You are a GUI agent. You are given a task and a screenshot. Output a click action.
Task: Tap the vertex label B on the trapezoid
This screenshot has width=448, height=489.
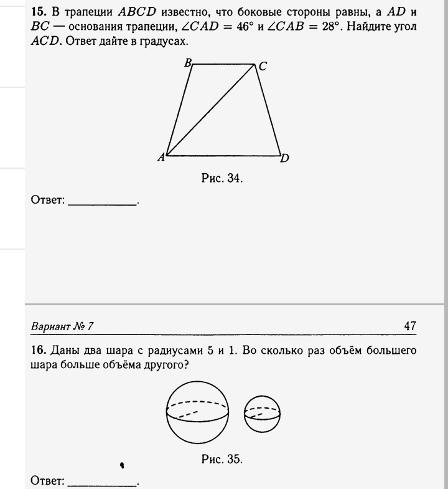(x=188, y=62)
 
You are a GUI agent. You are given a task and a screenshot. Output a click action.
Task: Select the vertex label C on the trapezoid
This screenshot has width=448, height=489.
(x=263, y=67)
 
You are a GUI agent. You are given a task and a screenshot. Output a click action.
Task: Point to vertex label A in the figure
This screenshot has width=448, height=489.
(x=161, y=158)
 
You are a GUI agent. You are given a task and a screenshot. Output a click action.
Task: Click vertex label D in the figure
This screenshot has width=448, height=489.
(x=284, y=158)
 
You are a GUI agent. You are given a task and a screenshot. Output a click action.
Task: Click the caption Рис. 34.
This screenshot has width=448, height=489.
(x=222, y=179)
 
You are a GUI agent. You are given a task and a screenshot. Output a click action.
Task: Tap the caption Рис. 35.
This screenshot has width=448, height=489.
(x=222, y=460)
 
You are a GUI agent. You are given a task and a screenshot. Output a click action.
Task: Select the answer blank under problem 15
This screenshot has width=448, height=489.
(x=102, y=202)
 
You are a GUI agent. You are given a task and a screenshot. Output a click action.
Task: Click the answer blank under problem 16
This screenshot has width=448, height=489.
(x=102, y=482)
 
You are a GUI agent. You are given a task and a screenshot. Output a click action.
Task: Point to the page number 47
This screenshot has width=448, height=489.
(x=409, y=326)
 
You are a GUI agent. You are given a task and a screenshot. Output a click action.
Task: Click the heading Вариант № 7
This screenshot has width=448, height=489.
(x=62, y=326)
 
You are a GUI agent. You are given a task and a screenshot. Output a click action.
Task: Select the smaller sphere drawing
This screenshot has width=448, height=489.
(x=262, y=412)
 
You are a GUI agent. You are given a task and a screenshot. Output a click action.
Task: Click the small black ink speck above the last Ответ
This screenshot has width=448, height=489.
(x=122, y=464)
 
